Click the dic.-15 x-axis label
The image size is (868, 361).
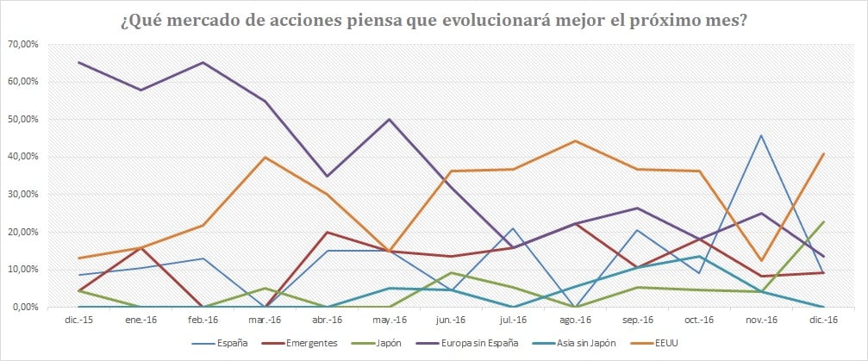tap(78, 320)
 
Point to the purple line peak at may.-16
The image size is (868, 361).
tap(390, 119)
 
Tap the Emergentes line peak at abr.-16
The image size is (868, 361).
tap(328, 232)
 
